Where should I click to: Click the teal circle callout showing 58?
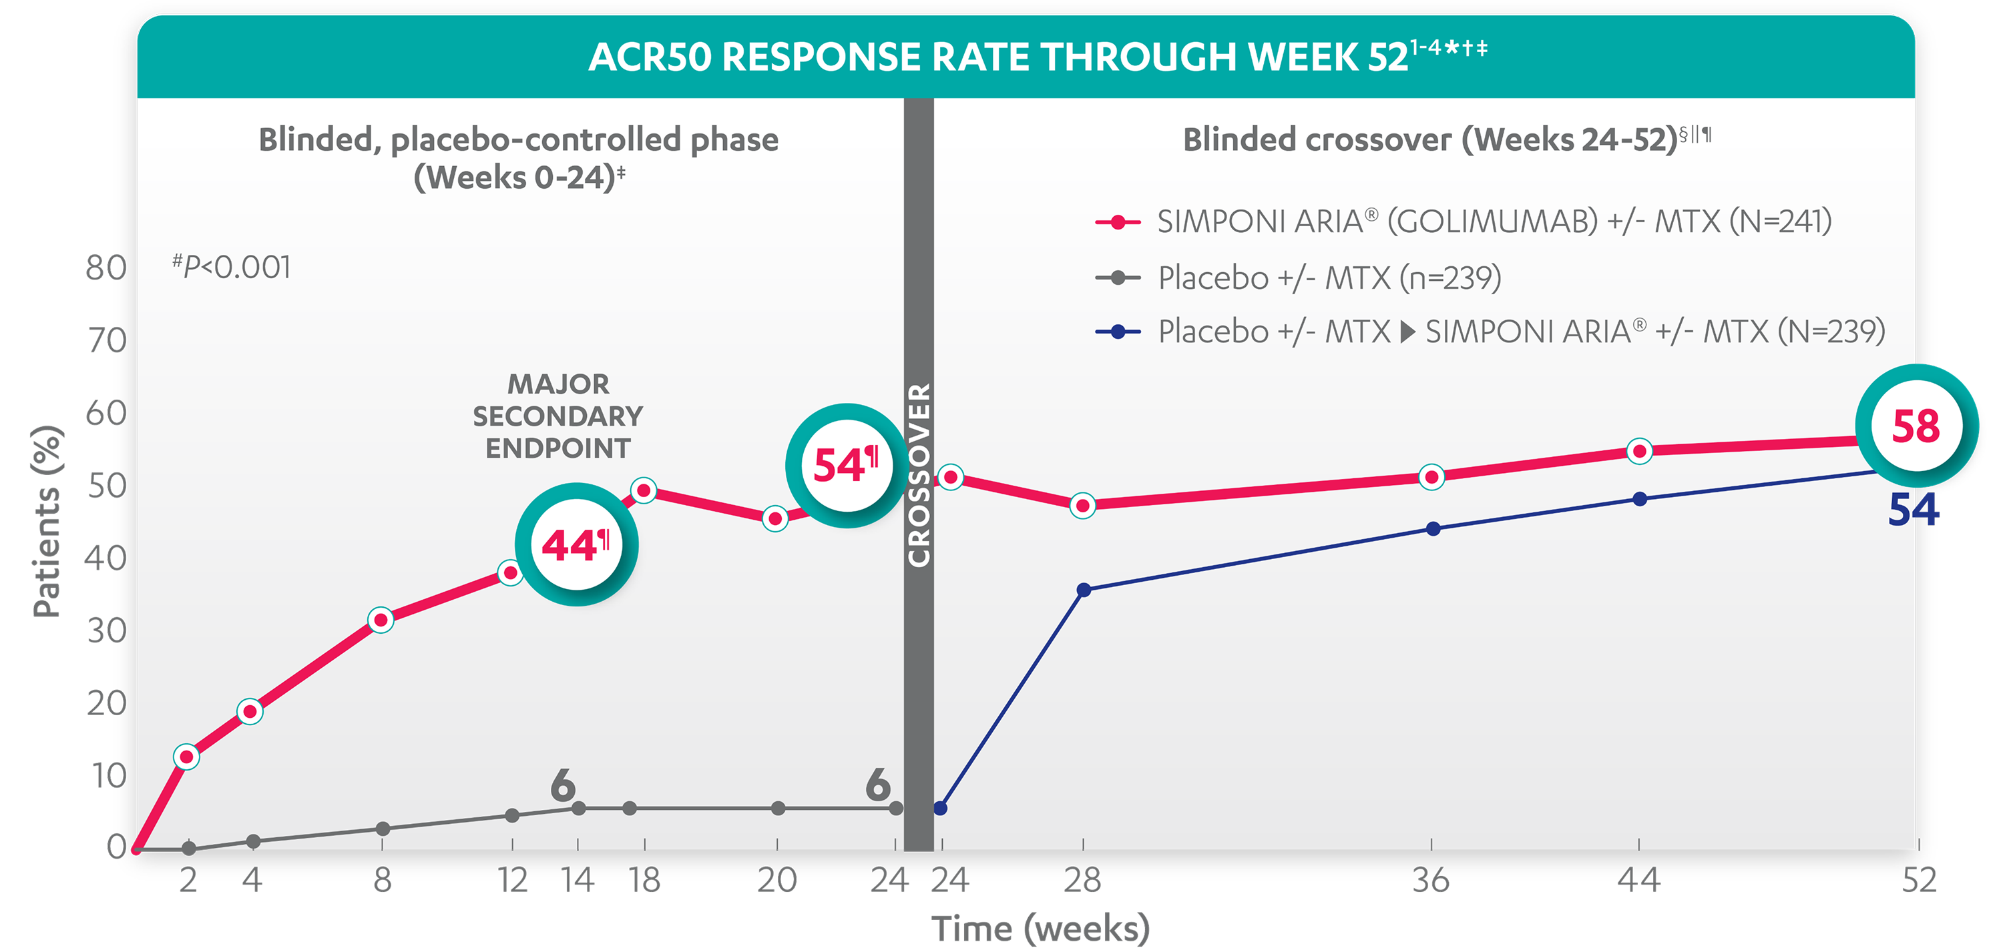1916,426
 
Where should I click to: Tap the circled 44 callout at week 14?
576,545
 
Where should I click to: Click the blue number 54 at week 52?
1913,510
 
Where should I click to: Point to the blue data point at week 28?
1084,590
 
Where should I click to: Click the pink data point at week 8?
381,620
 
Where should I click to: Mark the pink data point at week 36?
1431,477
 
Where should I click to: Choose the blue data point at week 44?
1640,499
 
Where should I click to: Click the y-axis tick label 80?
105,268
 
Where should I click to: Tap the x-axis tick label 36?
1431,881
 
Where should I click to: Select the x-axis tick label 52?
1919,881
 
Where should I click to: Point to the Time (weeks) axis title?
1040,928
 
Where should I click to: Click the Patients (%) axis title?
47,522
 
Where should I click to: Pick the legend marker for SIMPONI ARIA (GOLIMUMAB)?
1118,223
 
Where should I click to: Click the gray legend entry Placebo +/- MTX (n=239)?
1329,278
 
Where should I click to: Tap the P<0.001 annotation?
232,268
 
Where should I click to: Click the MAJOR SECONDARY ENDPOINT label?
557,416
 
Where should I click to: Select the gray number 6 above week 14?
562,785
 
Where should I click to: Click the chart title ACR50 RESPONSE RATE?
997,57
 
